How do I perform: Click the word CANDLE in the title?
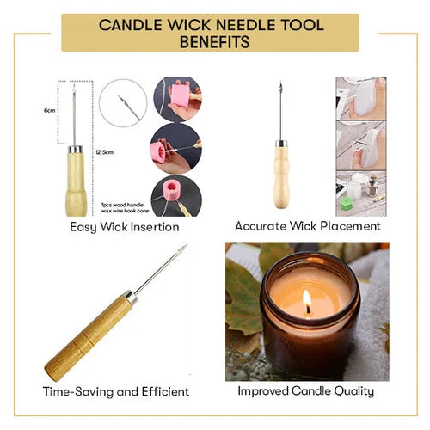coord(137,24)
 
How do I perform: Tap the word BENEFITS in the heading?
coord(214,40)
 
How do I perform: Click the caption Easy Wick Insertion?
coord(125,227)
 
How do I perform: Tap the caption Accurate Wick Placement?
coord(307,226)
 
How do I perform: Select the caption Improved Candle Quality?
coord(307,391)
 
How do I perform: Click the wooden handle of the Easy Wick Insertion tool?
coord(76,181)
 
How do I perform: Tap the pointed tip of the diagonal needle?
coord(185,247)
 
